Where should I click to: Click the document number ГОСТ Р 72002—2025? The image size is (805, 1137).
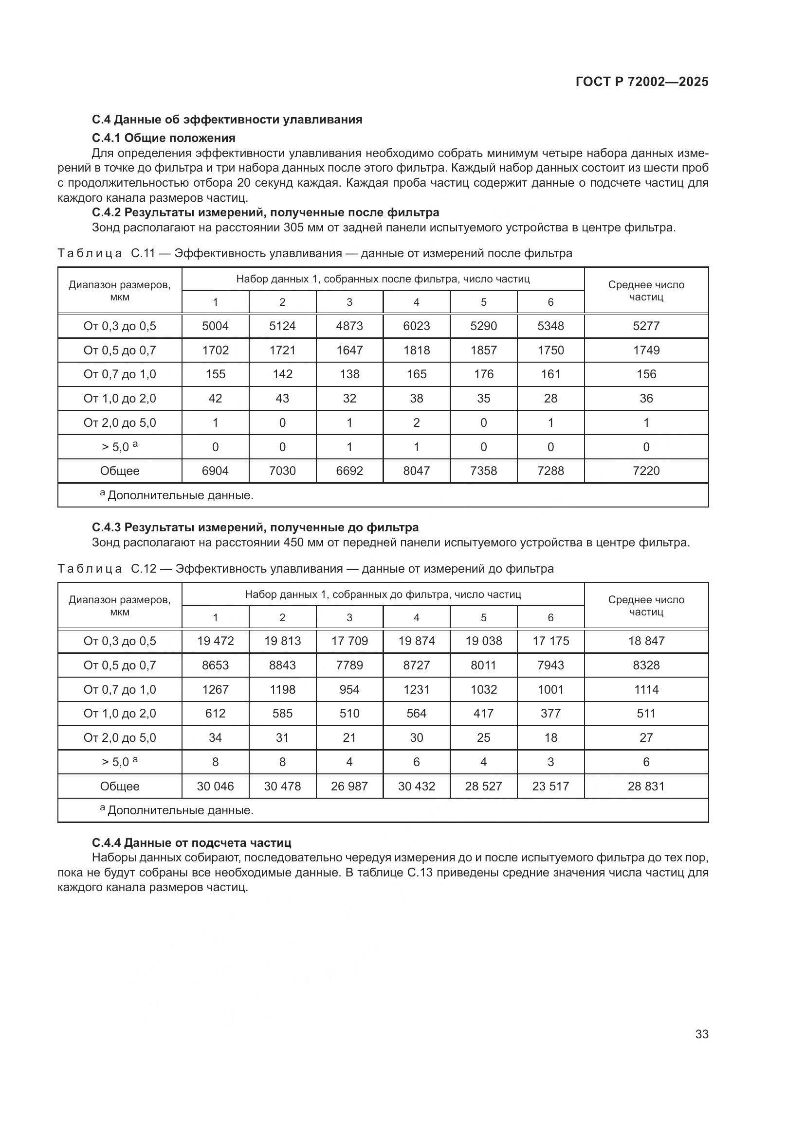pyautogui.click(x=642, y=82)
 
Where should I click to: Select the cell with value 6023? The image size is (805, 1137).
pyautogui.click(x=417, y=326)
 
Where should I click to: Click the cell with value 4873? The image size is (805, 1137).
pyautogui.click(x=349, y=326)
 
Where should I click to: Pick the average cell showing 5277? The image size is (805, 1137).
pyautogui.click(x=646, y=326)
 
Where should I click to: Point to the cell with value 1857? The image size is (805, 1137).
pyautogui.click(x=483, y=350)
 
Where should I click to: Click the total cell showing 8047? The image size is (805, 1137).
pyautogui.click(x=417, y=471)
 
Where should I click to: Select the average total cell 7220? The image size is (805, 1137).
pyautogui.click(x=646, y=471)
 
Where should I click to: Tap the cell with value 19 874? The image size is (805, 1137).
pyautogui.click(x=417, y=641)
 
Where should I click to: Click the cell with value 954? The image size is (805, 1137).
pyautogui.click(x=349, y=689)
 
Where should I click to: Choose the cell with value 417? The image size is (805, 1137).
pyautogui.click(x=483, y=713)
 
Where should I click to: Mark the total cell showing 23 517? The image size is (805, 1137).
pyautogui.click(x=550, y=786)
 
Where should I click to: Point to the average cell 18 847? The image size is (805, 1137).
pyautogui.click(x=646, y=641)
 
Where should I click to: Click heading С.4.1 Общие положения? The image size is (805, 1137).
pyautogui.click(x=164, y=138)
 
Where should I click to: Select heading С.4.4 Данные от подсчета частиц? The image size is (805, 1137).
pyautogui.click(x=191, y=842)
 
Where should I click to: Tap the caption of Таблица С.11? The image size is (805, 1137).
pyautogui.click(x=315, y=254)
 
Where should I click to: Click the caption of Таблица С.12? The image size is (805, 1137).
pyautogui.click(x=305, y=569)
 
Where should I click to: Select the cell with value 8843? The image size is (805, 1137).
pyautogui.click(x=282, y=665)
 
